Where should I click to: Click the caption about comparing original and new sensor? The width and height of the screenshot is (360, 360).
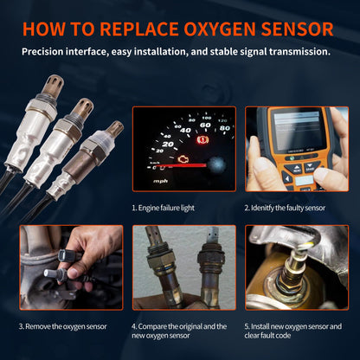pos(180,331)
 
